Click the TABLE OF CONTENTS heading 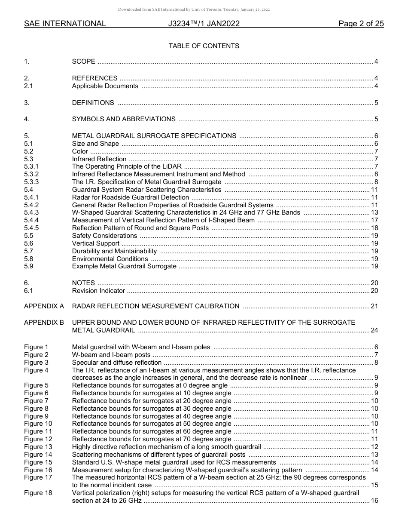pos(204,46)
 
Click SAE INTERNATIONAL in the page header pos(65,24)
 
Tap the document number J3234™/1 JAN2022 pos(204,24)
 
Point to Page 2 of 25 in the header pos(361,24)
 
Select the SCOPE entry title pos(84,62)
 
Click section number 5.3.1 pos(31,166)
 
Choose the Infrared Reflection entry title pos(99,159)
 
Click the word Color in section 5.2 pos(80,151)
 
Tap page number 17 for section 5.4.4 pos(374,220)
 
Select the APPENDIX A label pos(44,306)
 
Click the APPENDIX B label pos(44,323)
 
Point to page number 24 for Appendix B pos(374,330)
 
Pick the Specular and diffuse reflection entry pos(117,363)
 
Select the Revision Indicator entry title pos(98,291)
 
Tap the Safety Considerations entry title pos(104,236)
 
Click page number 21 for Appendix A pos(374,306)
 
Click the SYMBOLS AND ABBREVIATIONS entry pos(124,119)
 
